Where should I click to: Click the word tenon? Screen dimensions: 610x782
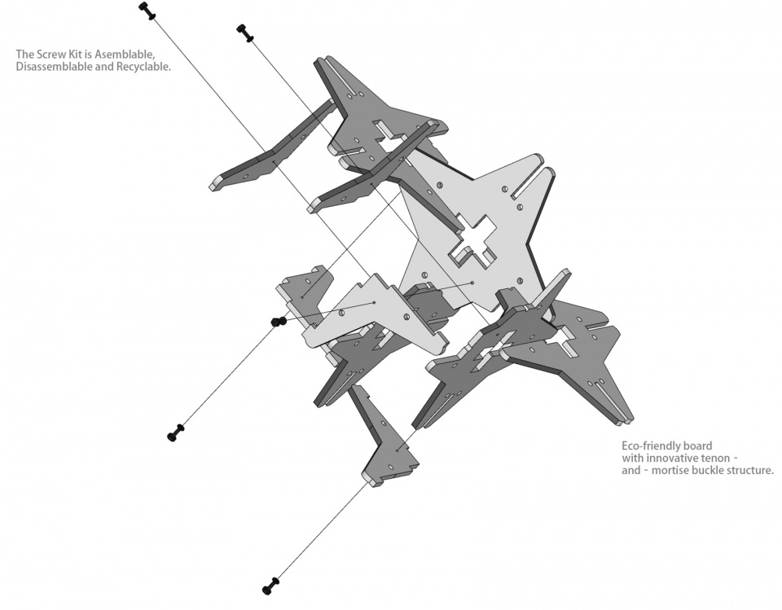point(710,458)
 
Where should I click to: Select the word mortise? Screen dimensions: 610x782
point(666,470)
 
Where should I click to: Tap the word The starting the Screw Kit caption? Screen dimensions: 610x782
point(24,55)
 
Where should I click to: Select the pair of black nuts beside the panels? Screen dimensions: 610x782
point(279,321)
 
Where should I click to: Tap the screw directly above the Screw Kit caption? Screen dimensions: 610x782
point(147,10)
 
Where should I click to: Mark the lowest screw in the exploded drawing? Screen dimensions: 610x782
point(271,586)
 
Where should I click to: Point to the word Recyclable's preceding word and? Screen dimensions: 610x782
point(103,68)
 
